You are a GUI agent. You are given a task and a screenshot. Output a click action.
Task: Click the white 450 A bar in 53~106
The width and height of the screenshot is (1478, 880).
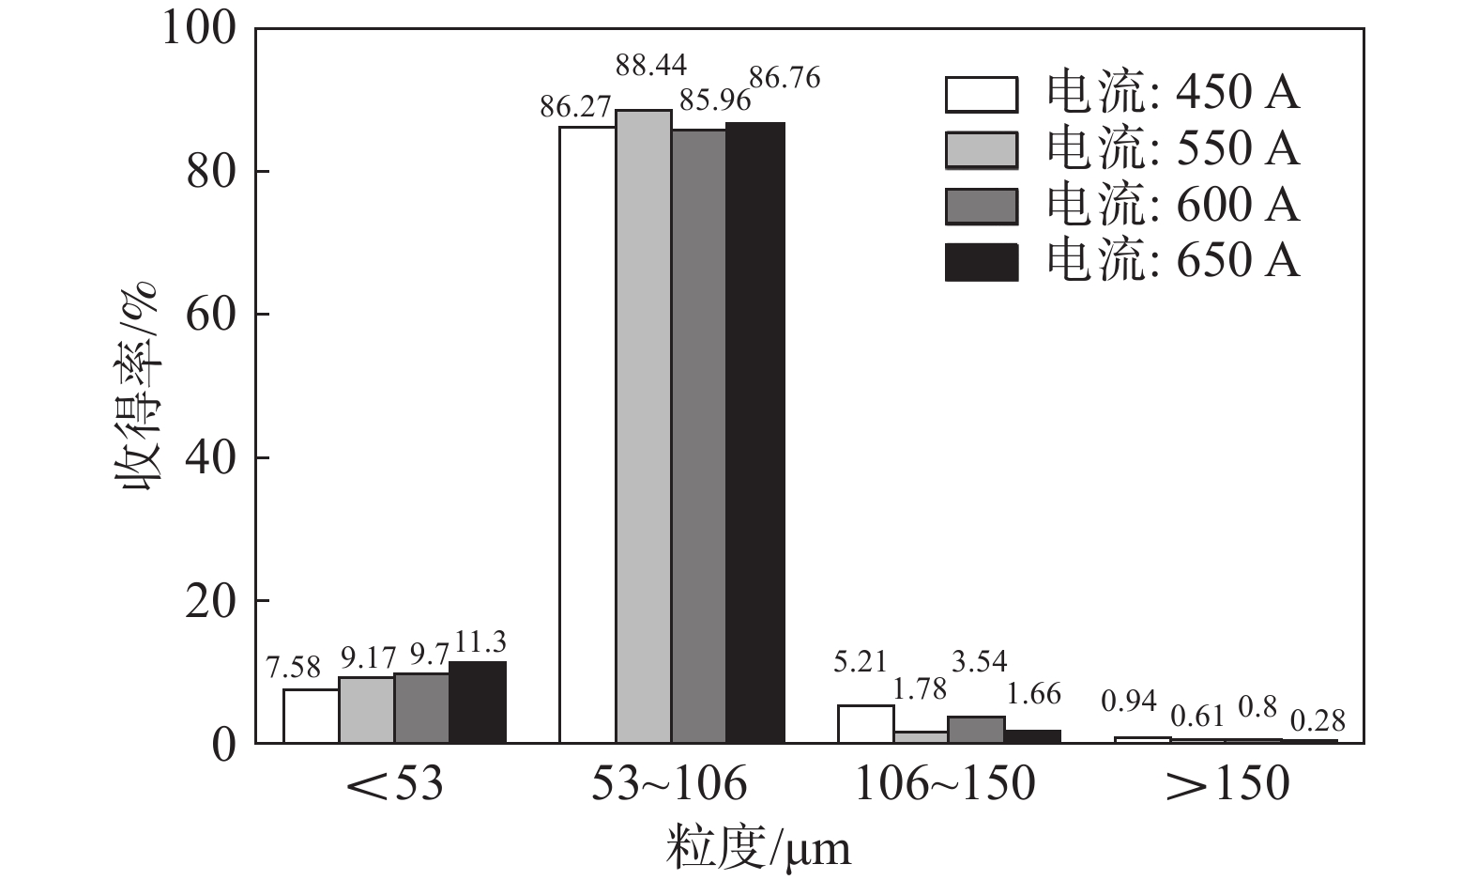[x=587, y=435]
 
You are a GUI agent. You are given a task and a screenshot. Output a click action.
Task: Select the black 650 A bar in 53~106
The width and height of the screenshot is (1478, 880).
[x=755, y=433]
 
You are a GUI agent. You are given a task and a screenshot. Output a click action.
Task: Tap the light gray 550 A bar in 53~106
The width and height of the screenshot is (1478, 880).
[x=644, y=427]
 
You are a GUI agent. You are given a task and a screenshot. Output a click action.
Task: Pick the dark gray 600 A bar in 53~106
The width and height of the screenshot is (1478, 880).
[x=699, y=436]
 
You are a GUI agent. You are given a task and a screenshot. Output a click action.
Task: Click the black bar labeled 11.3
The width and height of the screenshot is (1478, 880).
[x=478, y=702]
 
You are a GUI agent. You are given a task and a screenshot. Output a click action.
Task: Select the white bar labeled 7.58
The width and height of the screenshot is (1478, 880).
[x=311, y=716]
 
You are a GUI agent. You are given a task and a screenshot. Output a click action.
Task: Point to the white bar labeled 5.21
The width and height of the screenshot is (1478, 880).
[x=865, y=724]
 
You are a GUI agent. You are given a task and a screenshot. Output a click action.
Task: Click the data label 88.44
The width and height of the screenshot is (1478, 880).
[x=651, y=65]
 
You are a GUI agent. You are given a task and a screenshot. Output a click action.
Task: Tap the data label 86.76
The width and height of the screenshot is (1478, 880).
[x=785, y=78]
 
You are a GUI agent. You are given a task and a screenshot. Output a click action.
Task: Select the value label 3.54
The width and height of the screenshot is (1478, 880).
[x=979, y=661]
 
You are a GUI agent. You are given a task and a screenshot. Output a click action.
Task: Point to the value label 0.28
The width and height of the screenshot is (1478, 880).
[x=1318, y=720]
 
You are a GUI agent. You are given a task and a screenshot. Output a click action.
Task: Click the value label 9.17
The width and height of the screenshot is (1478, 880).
[x=367, y=656]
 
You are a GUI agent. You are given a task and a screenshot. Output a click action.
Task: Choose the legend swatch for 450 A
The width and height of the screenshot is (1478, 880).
[x=982, y=94]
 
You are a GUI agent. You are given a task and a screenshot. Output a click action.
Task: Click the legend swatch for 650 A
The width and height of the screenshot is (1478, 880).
[x=982, y=262]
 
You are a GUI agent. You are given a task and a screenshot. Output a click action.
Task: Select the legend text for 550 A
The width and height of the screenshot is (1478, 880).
[x=1173, y=149]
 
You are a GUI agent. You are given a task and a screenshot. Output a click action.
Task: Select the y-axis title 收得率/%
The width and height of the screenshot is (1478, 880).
[x=138, y=385]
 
